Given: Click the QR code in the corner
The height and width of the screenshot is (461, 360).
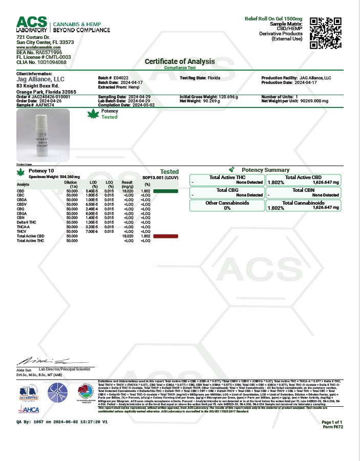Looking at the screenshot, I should click(325, 33).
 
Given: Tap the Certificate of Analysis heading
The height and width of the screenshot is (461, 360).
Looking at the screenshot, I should click(180, 61).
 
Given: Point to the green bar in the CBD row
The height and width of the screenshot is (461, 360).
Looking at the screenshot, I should click(165, 191).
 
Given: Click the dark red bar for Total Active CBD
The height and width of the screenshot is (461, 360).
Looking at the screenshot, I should click(165, 236).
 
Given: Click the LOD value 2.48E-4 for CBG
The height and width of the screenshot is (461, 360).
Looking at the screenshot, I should click(92, 209).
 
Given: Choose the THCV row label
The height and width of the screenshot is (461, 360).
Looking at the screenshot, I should click(22, 231).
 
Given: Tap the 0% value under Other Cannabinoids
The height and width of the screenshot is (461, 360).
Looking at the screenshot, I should click(227, 208).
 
